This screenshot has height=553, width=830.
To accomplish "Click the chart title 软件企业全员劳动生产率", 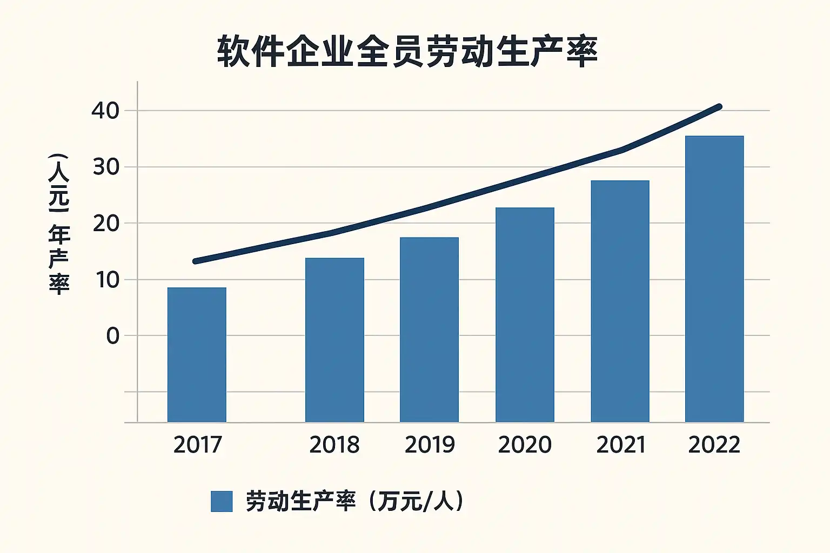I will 407,52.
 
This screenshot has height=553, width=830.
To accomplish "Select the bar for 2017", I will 197,354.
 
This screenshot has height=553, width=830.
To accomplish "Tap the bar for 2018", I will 334,340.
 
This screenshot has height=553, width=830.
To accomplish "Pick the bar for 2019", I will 429,329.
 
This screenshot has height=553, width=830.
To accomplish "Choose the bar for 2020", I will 525,314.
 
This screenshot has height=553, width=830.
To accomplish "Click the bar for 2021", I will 620,301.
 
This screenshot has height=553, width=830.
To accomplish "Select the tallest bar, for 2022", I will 714,279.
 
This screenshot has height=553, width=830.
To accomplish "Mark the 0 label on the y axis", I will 112,336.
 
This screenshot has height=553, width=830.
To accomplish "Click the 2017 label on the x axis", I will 198,444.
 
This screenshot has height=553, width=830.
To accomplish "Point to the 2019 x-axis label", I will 430,444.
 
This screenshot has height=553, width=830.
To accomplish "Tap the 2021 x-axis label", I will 621,444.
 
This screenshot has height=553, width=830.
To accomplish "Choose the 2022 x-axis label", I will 714,444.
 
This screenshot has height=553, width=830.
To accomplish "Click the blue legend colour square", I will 222,501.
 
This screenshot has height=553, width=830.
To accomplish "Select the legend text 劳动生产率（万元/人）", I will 354,501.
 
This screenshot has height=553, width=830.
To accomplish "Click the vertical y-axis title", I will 58,224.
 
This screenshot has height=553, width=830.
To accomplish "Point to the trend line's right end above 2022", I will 719,107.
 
